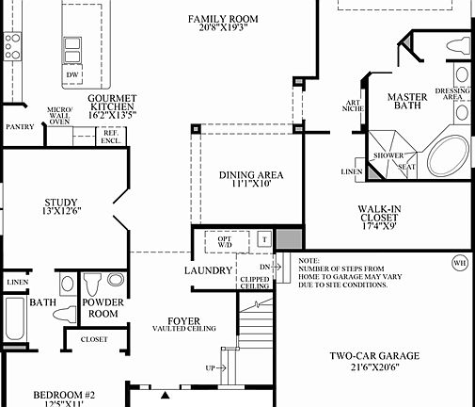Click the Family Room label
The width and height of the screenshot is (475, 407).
(224, 19)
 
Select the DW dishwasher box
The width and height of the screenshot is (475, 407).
(71, 73)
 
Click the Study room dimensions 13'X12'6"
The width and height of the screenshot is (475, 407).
(60, 213)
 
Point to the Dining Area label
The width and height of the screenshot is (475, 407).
(251, 175)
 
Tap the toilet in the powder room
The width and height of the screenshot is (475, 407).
(92, 283)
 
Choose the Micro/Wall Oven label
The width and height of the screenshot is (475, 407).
(60, 115)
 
